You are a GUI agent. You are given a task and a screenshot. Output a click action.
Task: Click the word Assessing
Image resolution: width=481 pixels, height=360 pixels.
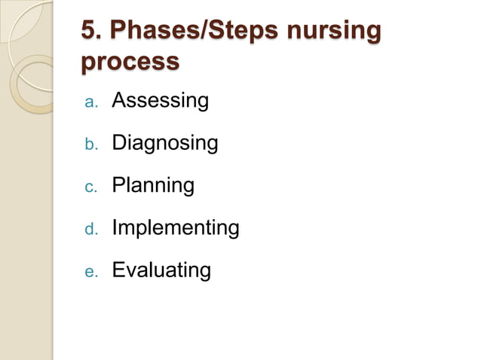pos(160,100)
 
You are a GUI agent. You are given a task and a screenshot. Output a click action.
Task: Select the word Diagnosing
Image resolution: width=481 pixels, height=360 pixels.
pos(165,143)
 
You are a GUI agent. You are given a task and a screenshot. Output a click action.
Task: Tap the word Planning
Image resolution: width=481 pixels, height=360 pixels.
pos(153,185)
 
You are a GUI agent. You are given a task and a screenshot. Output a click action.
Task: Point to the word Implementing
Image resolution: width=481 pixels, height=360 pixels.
pos(175,227)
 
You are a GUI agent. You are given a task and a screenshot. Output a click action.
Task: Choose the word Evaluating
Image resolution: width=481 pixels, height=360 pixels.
pos(161,270)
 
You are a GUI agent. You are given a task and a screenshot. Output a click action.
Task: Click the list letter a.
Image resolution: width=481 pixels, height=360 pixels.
pos(90,102)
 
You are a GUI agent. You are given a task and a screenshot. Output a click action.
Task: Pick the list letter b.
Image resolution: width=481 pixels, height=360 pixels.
pos(90,144)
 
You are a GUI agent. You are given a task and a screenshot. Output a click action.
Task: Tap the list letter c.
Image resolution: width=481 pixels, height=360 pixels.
pos(90,187)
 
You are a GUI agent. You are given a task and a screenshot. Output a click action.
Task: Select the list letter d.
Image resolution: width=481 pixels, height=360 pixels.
pos(90,228)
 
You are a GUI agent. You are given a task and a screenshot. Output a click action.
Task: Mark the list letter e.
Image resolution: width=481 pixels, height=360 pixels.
pos(90,271)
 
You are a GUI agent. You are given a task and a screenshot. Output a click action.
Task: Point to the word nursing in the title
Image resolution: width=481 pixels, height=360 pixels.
pos(334,32)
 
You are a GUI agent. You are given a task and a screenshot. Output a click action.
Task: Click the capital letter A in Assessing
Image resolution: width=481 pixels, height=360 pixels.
pos(119,100)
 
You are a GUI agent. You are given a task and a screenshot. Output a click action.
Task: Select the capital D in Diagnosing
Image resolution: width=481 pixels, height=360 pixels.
pos(120,142)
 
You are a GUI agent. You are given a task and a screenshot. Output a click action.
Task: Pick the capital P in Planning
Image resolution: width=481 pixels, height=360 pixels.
pos(119,185)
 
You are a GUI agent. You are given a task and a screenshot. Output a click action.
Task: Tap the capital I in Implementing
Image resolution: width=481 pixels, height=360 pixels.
pos(115,227)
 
